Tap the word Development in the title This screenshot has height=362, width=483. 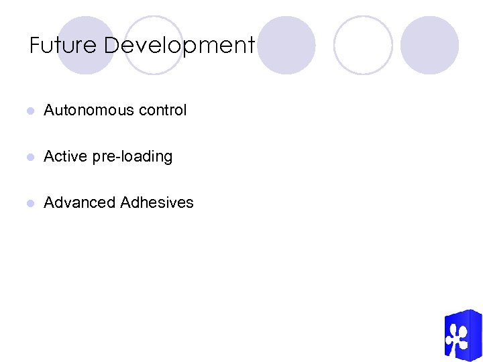click(180, 46)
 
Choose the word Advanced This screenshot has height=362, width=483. click(79, 202)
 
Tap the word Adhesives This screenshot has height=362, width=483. click(157, 202)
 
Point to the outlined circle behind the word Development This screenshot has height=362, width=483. click(154, 45)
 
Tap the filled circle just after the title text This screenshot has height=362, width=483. click(286, 45)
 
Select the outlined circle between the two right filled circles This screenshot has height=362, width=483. click(363, 45)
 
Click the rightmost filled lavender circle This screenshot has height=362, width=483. click(430, 45)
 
